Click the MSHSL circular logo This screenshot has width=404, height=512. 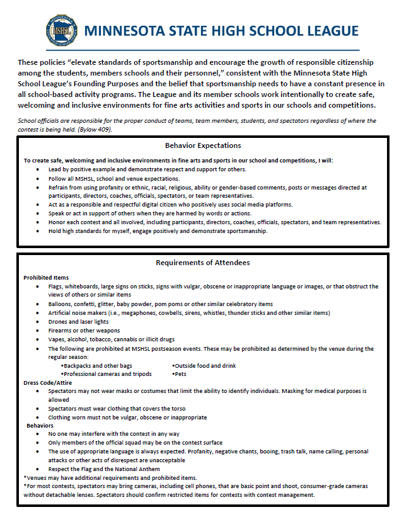[x=63, y=30]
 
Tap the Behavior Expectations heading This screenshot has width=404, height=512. [x=202, y=145]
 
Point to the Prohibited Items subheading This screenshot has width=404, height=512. [x=46, y=278]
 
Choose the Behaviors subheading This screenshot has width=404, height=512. [x=40, y=425]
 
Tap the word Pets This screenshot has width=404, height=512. [x=180, y=374]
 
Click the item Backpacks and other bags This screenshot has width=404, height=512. [x=97, y=365]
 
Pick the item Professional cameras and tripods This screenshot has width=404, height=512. [x=107, y=374]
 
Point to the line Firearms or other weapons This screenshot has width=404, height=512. [x=84, y=330]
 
